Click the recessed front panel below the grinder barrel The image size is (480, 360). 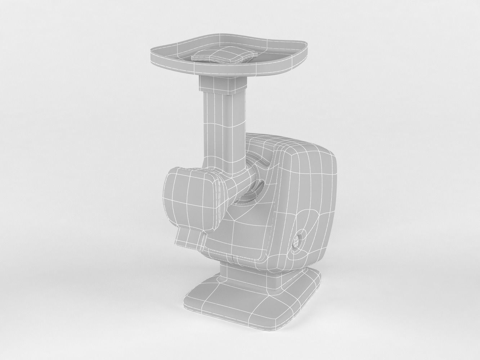(238, 234)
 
